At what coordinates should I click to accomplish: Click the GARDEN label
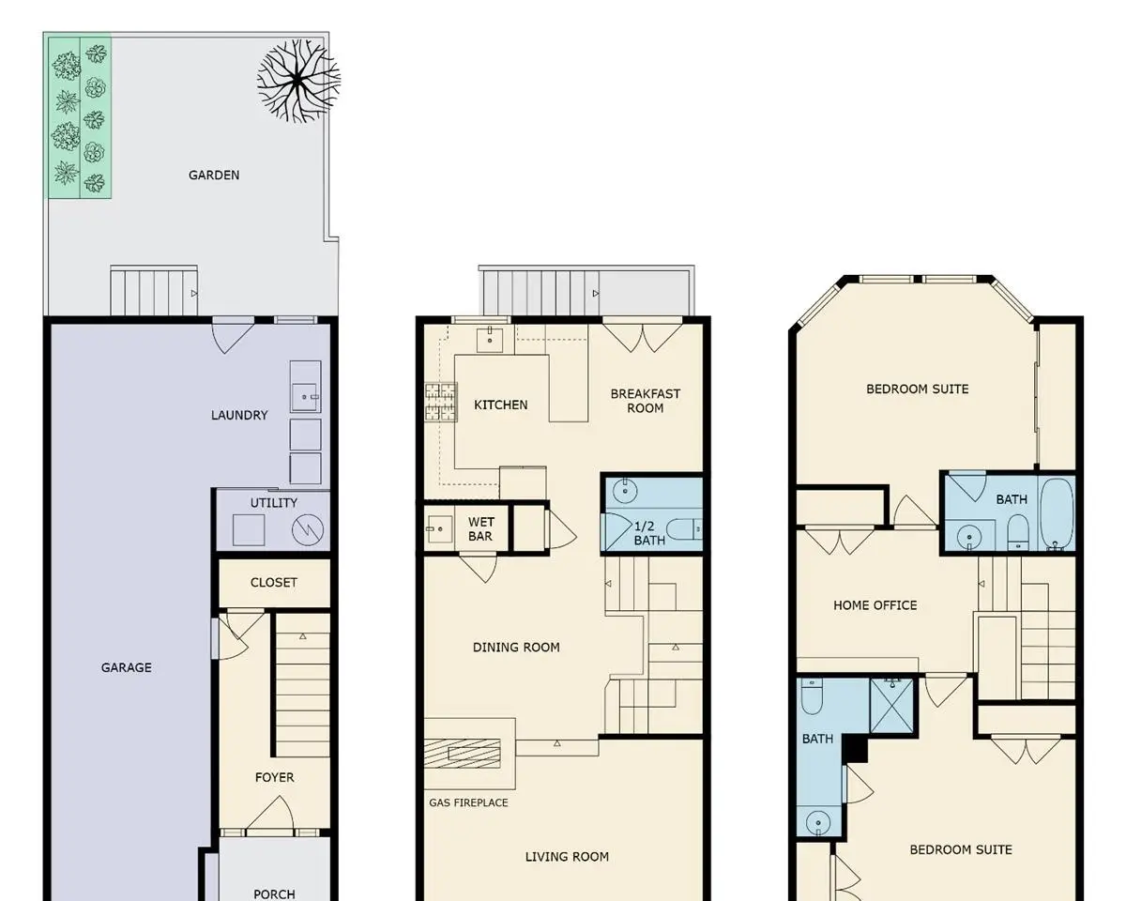tap(214, 175)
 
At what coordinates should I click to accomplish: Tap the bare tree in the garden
tap(298, 81)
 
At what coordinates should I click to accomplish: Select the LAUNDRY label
tap(239, 415)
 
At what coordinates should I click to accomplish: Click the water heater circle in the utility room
tap(308, 530)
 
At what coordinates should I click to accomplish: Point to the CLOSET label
tap(274, 582)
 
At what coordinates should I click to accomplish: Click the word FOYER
tap(275, 777)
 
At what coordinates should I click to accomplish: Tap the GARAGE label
tap(127, 667)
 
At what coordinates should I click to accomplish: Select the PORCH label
tap(274, 893)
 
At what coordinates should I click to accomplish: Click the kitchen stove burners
tap(441, 402)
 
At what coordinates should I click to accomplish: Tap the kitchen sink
tap(490, 339)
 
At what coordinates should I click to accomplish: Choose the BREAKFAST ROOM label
tap(646, 401)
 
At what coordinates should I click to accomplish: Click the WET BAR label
tap(480, 528)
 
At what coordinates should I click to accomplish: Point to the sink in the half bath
tap(625, 491)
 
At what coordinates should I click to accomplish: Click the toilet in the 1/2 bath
tap(684, 529)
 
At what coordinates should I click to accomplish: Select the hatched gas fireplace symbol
tap(463, 754)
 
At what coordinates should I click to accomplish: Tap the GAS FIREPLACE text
tap(468, 802)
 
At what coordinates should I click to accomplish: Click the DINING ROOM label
tap(516, 647)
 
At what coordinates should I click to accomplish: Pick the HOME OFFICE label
tap(875, 605)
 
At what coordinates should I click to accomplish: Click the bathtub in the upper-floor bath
tap(1057, 513)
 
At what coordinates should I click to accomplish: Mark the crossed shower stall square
tap(892, 706)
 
